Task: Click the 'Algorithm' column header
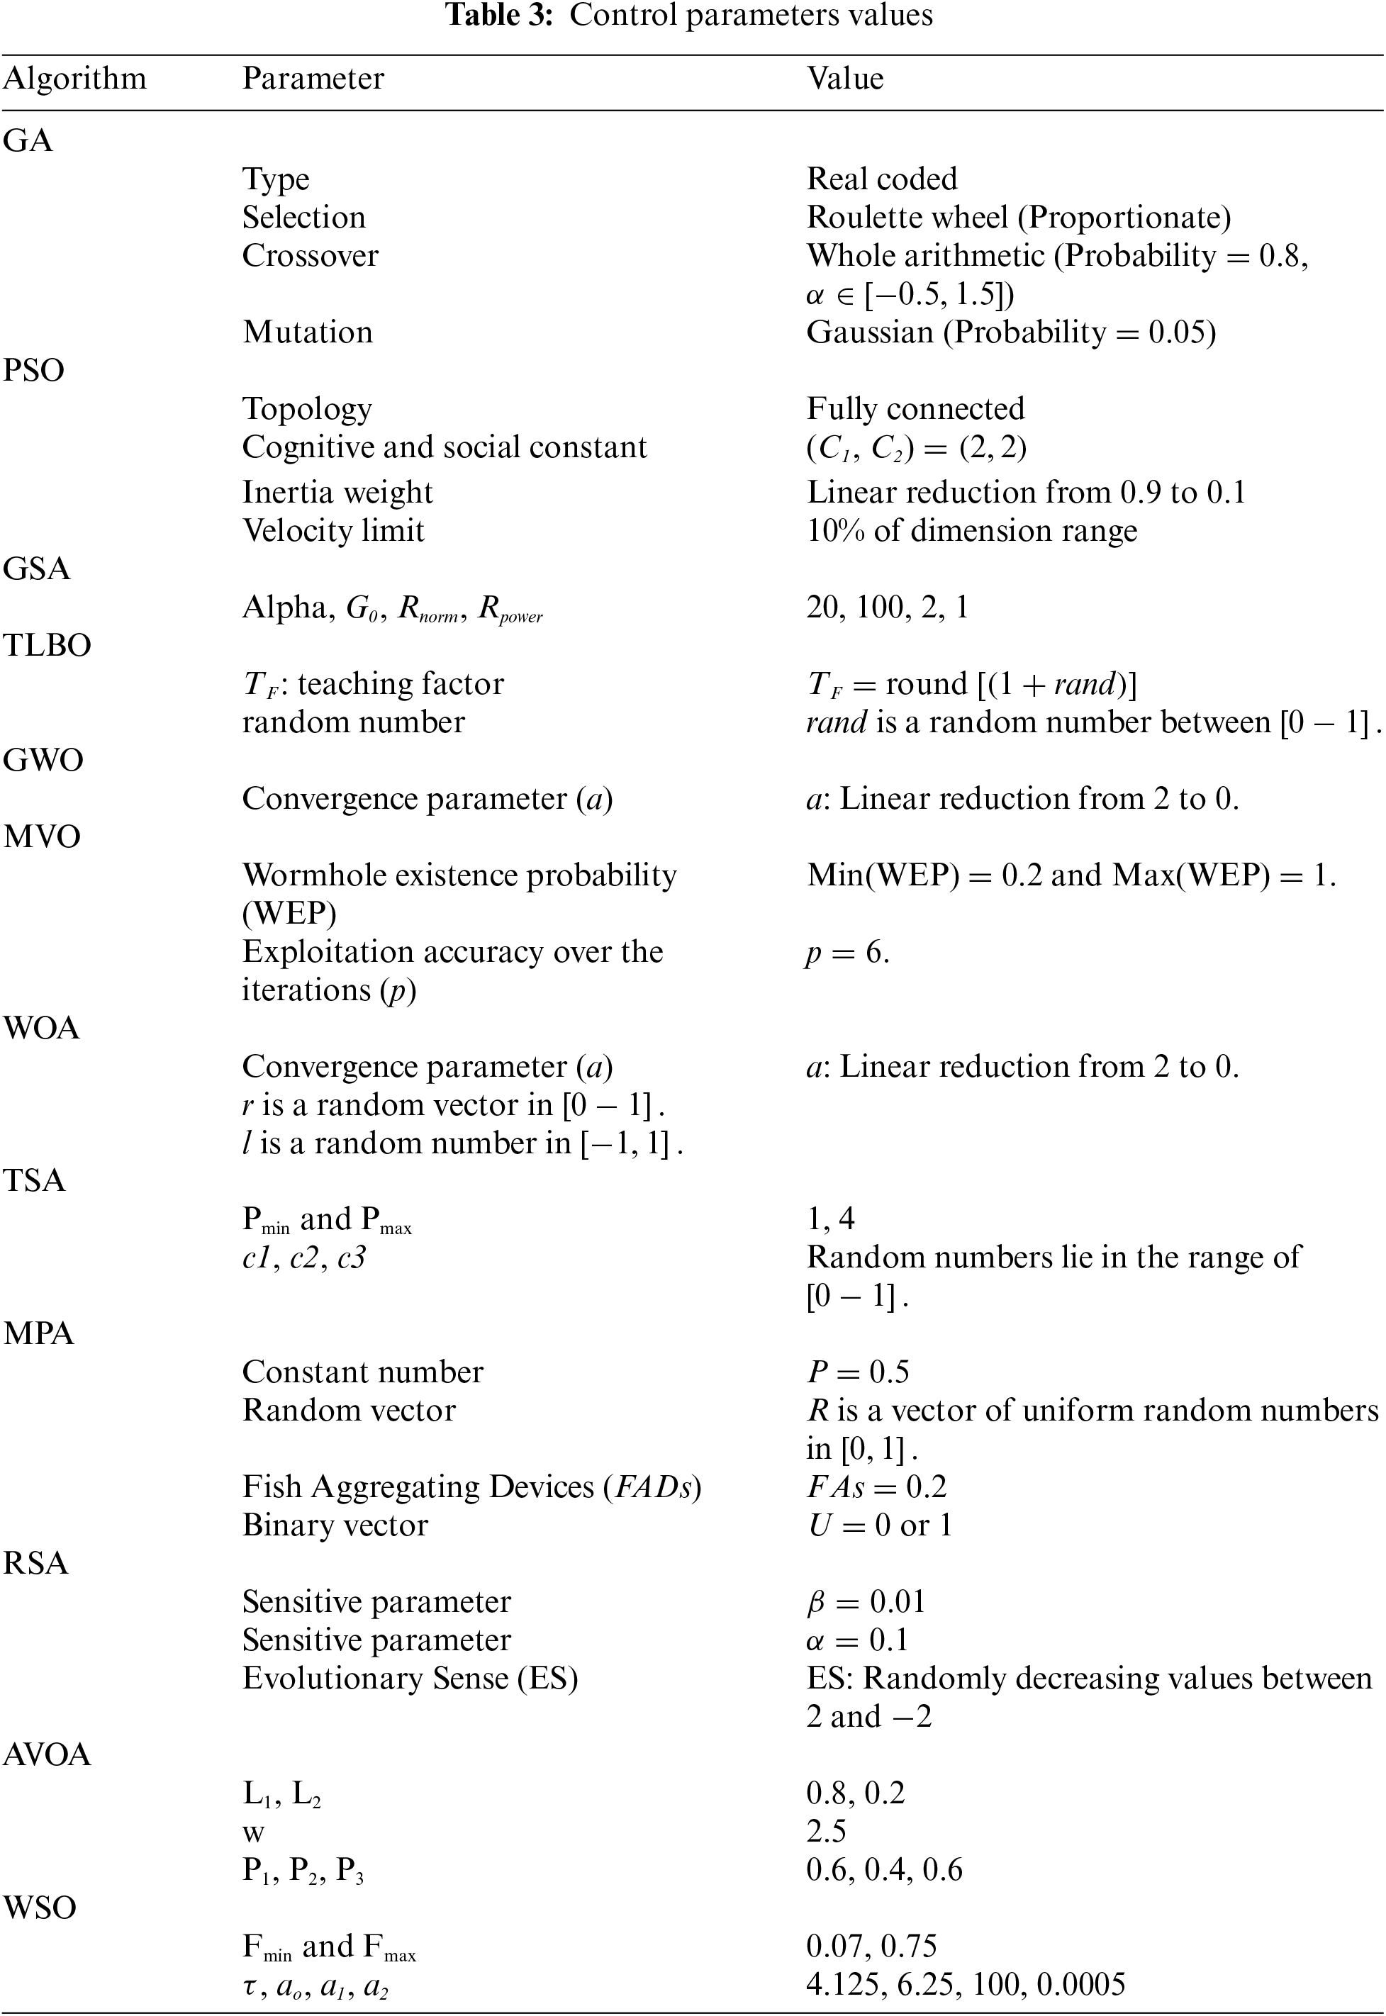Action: tap(74, 79)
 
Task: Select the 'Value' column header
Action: tap(845, 79)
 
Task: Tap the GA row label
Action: tap(28, 140)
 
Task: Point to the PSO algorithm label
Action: tap(34, 370)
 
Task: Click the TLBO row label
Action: tap(47, 645)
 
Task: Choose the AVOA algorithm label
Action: tap(47, 1754)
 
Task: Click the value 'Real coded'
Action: tap(881, 179)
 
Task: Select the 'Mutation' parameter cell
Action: tap(308, 332)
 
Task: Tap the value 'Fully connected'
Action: tap(915, 408)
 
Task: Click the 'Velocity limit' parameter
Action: tap(333, 530)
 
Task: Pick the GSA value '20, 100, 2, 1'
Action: tap(887, 607)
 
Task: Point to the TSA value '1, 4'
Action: tap(830, 1219)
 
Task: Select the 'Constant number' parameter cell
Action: tap(362, 1372)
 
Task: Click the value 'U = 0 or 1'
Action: tap(879, 1525)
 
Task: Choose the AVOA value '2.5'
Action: tap(826, 1830)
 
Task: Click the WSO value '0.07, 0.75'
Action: tap(871, 1946)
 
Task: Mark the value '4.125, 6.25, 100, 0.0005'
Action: tap(966, 1984)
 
